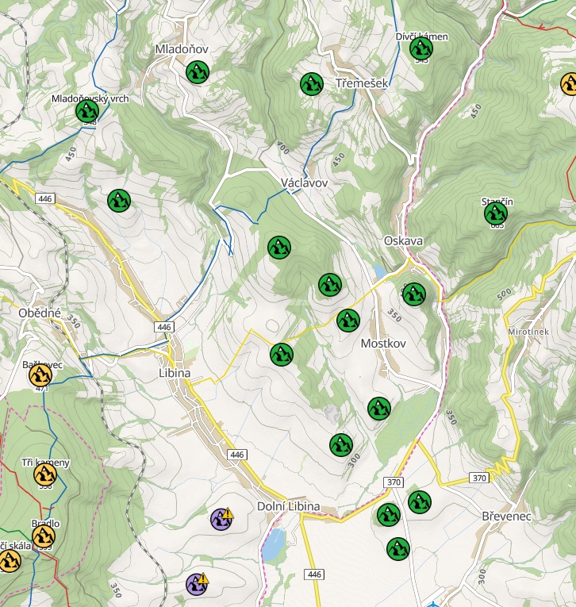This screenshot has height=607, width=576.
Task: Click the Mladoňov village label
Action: point(181,49)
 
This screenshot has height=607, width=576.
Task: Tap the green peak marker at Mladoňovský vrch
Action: point(87,112)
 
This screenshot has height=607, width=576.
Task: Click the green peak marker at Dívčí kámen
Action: point(421,49)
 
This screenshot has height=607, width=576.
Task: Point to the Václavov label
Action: point(304,182)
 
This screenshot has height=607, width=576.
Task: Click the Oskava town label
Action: point(403,240)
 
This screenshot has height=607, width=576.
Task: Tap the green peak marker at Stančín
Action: point(496,213)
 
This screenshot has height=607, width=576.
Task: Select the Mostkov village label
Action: point(383,344)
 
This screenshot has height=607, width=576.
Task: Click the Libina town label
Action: point(175,372)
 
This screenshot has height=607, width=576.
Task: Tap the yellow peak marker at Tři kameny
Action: point(45,475)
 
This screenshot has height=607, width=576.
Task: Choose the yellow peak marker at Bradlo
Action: point(44,536)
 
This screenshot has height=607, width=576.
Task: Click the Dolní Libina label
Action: point(289,506)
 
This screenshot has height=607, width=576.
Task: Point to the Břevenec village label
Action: point(506,516)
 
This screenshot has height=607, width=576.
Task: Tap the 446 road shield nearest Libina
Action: point(164,327)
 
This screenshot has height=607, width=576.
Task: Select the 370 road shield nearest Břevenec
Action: point(478,478)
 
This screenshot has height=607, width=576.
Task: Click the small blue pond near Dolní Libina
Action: point(274,544)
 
